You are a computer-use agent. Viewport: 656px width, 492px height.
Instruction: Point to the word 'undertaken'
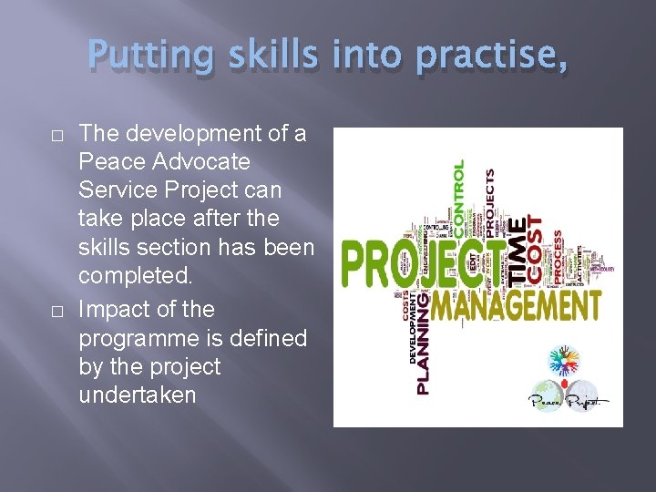138,395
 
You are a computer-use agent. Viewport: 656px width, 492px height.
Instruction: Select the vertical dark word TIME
517,247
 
